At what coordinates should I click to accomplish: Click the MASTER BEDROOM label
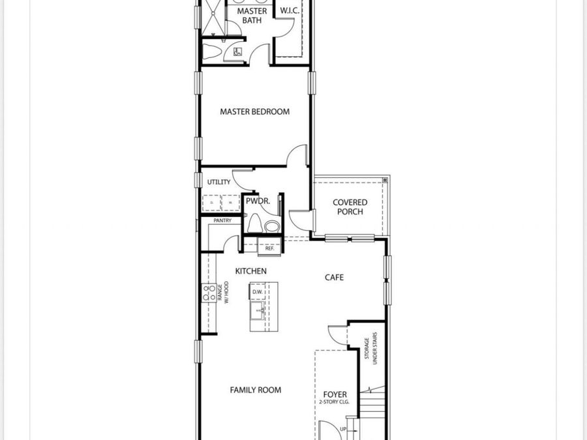click(x=254, y=111)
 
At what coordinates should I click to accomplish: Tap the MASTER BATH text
click(x=252, y=16)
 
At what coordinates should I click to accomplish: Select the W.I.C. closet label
click(x=290, y=11)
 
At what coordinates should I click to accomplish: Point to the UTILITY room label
click(x=219, y=182)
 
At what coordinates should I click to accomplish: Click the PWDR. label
click(x=258, y=201)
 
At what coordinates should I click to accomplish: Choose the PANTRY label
click(x=222, y=220)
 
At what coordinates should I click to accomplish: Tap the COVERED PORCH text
click(x=350, y=207)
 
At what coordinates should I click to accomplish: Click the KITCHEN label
click(x=251, y=271)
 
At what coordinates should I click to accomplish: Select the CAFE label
click(x=335, y=277)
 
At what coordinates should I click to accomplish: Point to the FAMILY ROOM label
click(x=256, y=390)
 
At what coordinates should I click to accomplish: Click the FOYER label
click(x=335, y=394)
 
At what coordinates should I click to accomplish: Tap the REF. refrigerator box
click(x=269, y=248)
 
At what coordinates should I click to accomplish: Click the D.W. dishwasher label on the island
click(x=258, y=291)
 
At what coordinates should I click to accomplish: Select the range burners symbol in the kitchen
click(x=209, y=293)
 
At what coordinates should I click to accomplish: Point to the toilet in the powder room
click(x=271, y=226)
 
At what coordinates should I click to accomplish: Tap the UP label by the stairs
click(x=343, y=429)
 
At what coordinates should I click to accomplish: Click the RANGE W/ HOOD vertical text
click(x=224, y=293)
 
